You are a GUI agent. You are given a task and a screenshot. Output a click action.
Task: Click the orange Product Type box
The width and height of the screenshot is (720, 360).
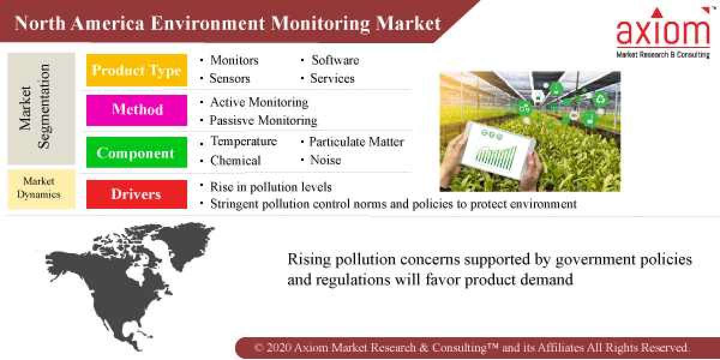[136, 71]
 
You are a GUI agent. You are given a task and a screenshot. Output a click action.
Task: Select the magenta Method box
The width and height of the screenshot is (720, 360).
[136, 110]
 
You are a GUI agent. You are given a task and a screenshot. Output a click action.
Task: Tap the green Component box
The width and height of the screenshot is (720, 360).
[136, 153]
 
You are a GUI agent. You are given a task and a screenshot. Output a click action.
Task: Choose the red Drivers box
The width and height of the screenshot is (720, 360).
[136, 194]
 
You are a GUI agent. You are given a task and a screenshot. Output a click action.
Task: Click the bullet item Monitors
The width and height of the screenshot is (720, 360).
[234, 60]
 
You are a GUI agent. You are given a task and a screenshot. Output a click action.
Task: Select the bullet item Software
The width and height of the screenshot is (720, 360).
[335, 60]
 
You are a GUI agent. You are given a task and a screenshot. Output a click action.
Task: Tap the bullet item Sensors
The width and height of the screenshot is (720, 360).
[230, 79]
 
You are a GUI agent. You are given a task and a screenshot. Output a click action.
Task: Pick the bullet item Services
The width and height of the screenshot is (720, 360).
[332, 79]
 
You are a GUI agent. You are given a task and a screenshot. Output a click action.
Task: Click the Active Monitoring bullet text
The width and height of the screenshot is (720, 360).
[259, 102]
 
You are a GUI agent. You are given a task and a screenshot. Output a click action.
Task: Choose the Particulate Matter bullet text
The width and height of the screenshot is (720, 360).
[356, 142]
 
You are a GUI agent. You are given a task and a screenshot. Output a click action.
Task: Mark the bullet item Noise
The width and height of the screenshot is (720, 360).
[325, 160]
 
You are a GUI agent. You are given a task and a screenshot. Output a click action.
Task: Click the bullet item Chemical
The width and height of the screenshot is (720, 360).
[235, 161]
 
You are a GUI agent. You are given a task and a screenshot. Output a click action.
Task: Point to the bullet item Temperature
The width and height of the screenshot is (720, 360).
[244, 142]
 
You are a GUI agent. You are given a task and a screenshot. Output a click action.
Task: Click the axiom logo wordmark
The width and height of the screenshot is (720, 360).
[663, 31]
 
